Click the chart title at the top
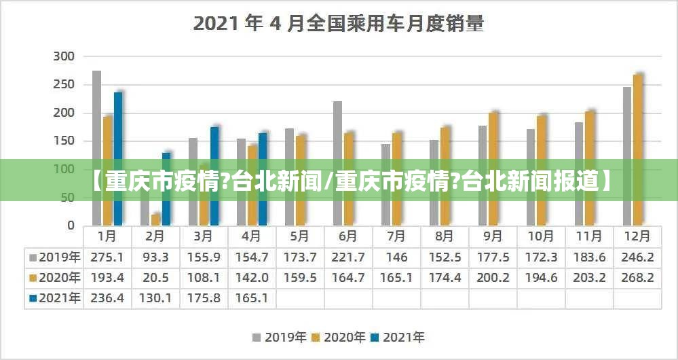[339, 24]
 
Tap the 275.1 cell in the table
[107, 257]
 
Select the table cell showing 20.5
[155, 278]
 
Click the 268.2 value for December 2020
[637, 278]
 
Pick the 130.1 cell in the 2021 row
[155, 298]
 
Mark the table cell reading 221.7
[348, 257]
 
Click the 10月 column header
[541, 236]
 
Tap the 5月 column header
[300, 236]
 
